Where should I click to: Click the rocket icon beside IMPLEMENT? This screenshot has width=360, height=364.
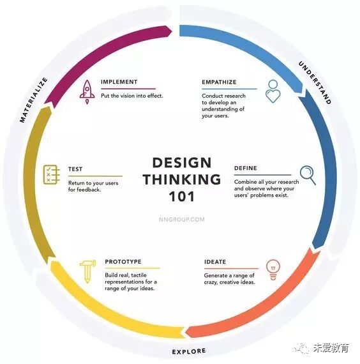tap(87, 92)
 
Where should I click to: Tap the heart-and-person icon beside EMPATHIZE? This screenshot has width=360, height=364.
tap(273, 91)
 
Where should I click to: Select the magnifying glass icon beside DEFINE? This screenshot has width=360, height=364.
tap(308, 174)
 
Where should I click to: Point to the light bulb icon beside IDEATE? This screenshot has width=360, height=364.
tap(273, 269)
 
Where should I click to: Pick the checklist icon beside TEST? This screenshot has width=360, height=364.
tap(52, 174)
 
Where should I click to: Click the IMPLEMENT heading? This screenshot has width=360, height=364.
tap(119, 82)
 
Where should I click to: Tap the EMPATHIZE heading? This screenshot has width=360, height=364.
tap(219, 82)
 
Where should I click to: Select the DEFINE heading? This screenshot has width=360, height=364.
tap(246, 168)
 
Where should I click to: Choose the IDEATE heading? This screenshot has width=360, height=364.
tap(215, 262)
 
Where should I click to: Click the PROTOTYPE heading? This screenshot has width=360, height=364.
tap(123, 262)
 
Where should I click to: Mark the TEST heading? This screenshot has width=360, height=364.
tap(75, 169)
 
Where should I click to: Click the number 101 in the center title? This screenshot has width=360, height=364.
tap(181, 197)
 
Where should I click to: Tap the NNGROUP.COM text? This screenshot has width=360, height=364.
tap(182, 220)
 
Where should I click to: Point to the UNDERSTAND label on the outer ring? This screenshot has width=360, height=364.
tap(315, 82)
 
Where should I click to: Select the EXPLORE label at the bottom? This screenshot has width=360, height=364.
tap(189, 351)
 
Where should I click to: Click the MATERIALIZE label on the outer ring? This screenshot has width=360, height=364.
tap(34, 100)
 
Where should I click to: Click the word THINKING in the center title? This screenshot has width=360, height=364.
tap(182, 179)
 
